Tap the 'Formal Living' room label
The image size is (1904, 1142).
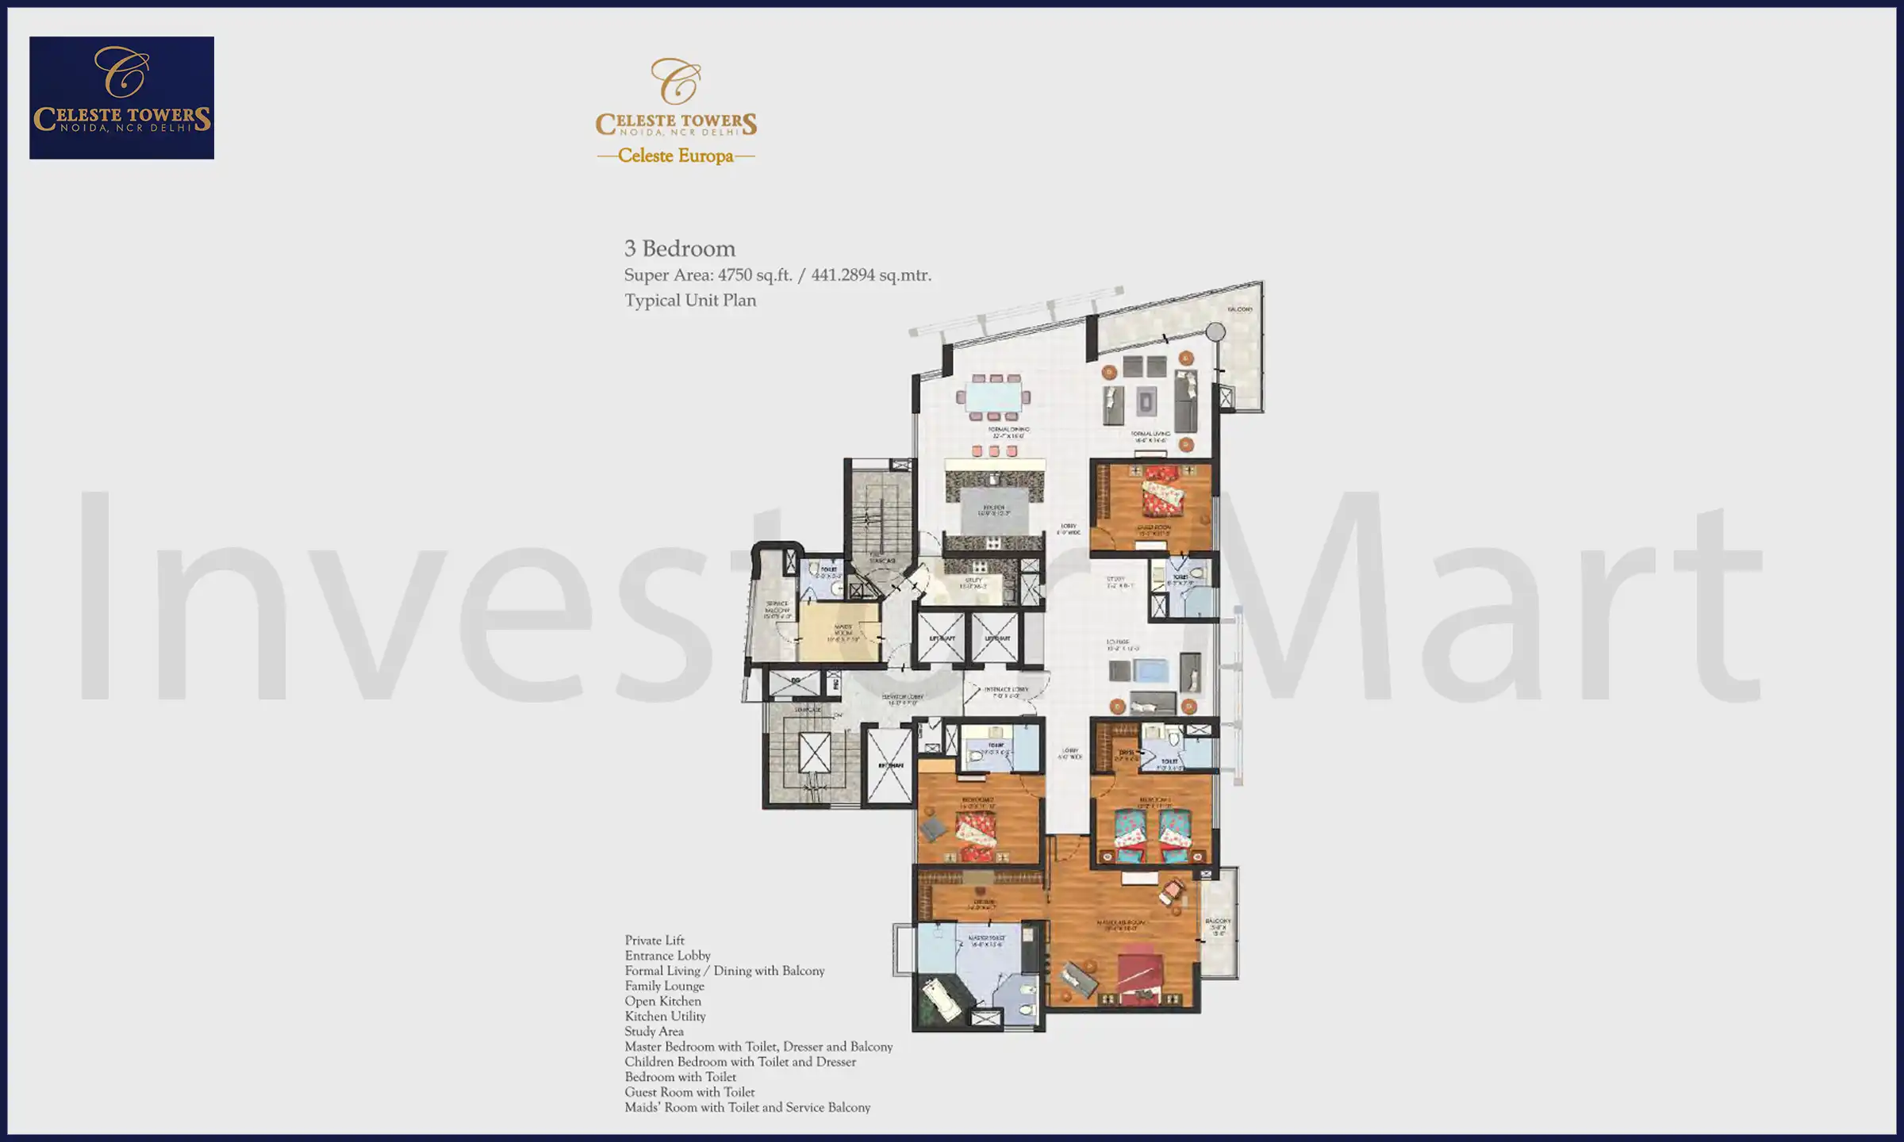point(1150,436)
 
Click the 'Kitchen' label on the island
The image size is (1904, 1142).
point(994,510)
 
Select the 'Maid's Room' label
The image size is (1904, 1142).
point(843,632)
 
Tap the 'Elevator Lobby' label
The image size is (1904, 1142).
point(903,699)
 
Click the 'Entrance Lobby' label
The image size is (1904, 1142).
point(1006,692)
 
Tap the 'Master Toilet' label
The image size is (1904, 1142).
point(986,941)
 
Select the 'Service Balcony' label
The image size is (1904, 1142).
point(777,609)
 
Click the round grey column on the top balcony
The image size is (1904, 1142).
point(1215,331)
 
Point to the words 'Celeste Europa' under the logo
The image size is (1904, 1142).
point(676,155)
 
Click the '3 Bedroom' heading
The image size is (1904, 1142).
point(680,248)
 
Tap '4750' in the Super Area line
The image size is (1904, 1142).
point(735,275)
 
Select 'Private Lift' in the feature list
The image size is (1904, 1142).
point(654,941)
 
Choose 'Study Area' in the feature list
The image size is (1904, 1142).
point(654,1031)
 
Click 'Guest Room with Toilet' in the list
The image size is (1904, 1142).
point(689,1092)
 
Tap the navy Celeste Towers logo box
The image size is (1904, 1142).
point(121,98)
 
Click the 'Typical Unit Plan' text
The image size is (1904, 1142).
point(690,301)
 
